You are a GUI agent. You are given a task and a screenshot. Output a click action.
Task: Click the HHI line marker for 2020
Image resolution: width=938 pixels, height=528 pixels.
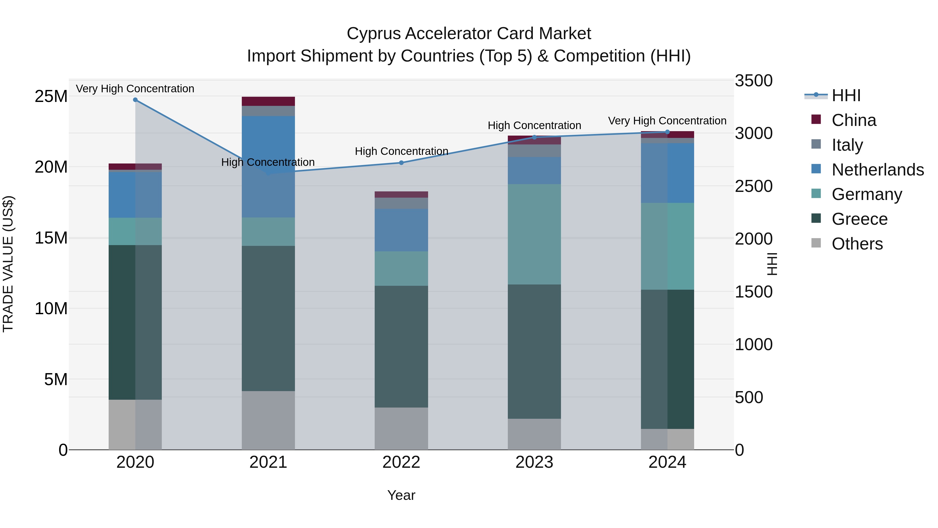click(x=135, y=100)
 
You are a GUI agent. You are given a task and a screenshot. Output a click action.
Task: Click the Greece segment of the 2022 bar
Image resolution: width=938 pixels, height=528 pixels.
click(x=401, y=346)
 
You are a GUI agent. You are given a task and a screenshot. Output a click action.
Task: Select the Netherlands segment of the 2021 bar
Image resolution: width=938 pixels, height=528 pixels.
click(x=268, y=146)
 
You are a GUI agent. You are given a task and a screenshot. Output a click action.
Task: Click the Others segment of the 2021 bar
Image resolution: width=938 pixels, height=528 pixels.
click(x=268, y=420)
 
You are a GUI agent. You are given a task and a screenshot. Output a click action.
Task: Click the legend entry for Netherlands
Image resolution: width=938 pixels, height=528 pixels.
click(x=878, y=170)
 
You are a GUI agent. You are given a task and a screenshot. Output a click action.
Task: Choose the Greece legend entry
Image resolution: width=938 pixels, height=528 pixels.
click(x=859, y=219)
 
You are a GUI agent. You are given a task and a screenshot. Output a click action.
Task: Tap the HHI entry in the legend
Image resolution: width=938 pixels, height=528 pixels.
click(x=846, y=95)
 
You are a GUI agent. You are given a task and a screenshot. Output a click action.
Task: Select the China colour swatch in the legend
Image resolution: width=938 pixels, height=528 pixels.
click(x=816, y=119)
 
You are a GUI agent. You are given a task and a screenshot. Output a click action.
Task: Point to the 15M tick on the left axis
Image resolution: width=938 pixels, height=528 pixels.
click(x=51, y=238)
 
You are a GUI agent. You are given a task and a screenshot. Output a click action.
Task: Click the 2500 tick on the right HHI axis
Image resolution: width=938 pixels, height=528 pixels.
click(x=753, y=186)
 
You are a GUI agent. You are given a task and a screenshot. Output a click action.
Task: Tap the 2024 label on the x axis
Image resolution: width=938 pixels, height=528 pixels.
click(x=667, y=462)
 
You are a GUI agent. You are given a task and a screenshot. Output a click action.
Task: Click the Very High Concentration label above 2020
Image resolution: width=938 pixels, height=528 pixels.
click(x=135, y=89)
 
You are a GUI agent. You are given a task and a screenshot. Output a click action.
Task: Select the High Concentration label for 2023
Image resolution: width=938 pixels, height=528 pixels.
click(x=534, y=125)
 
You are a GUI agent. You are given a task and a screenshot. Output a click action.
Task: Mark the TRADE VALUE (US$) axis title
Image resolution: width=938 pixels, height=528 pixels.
click(x=8, y=264)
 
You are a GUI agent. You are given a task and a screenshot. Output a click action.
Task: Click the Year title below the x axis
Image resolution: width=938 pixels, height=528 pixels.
click(x=401, y=495)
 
